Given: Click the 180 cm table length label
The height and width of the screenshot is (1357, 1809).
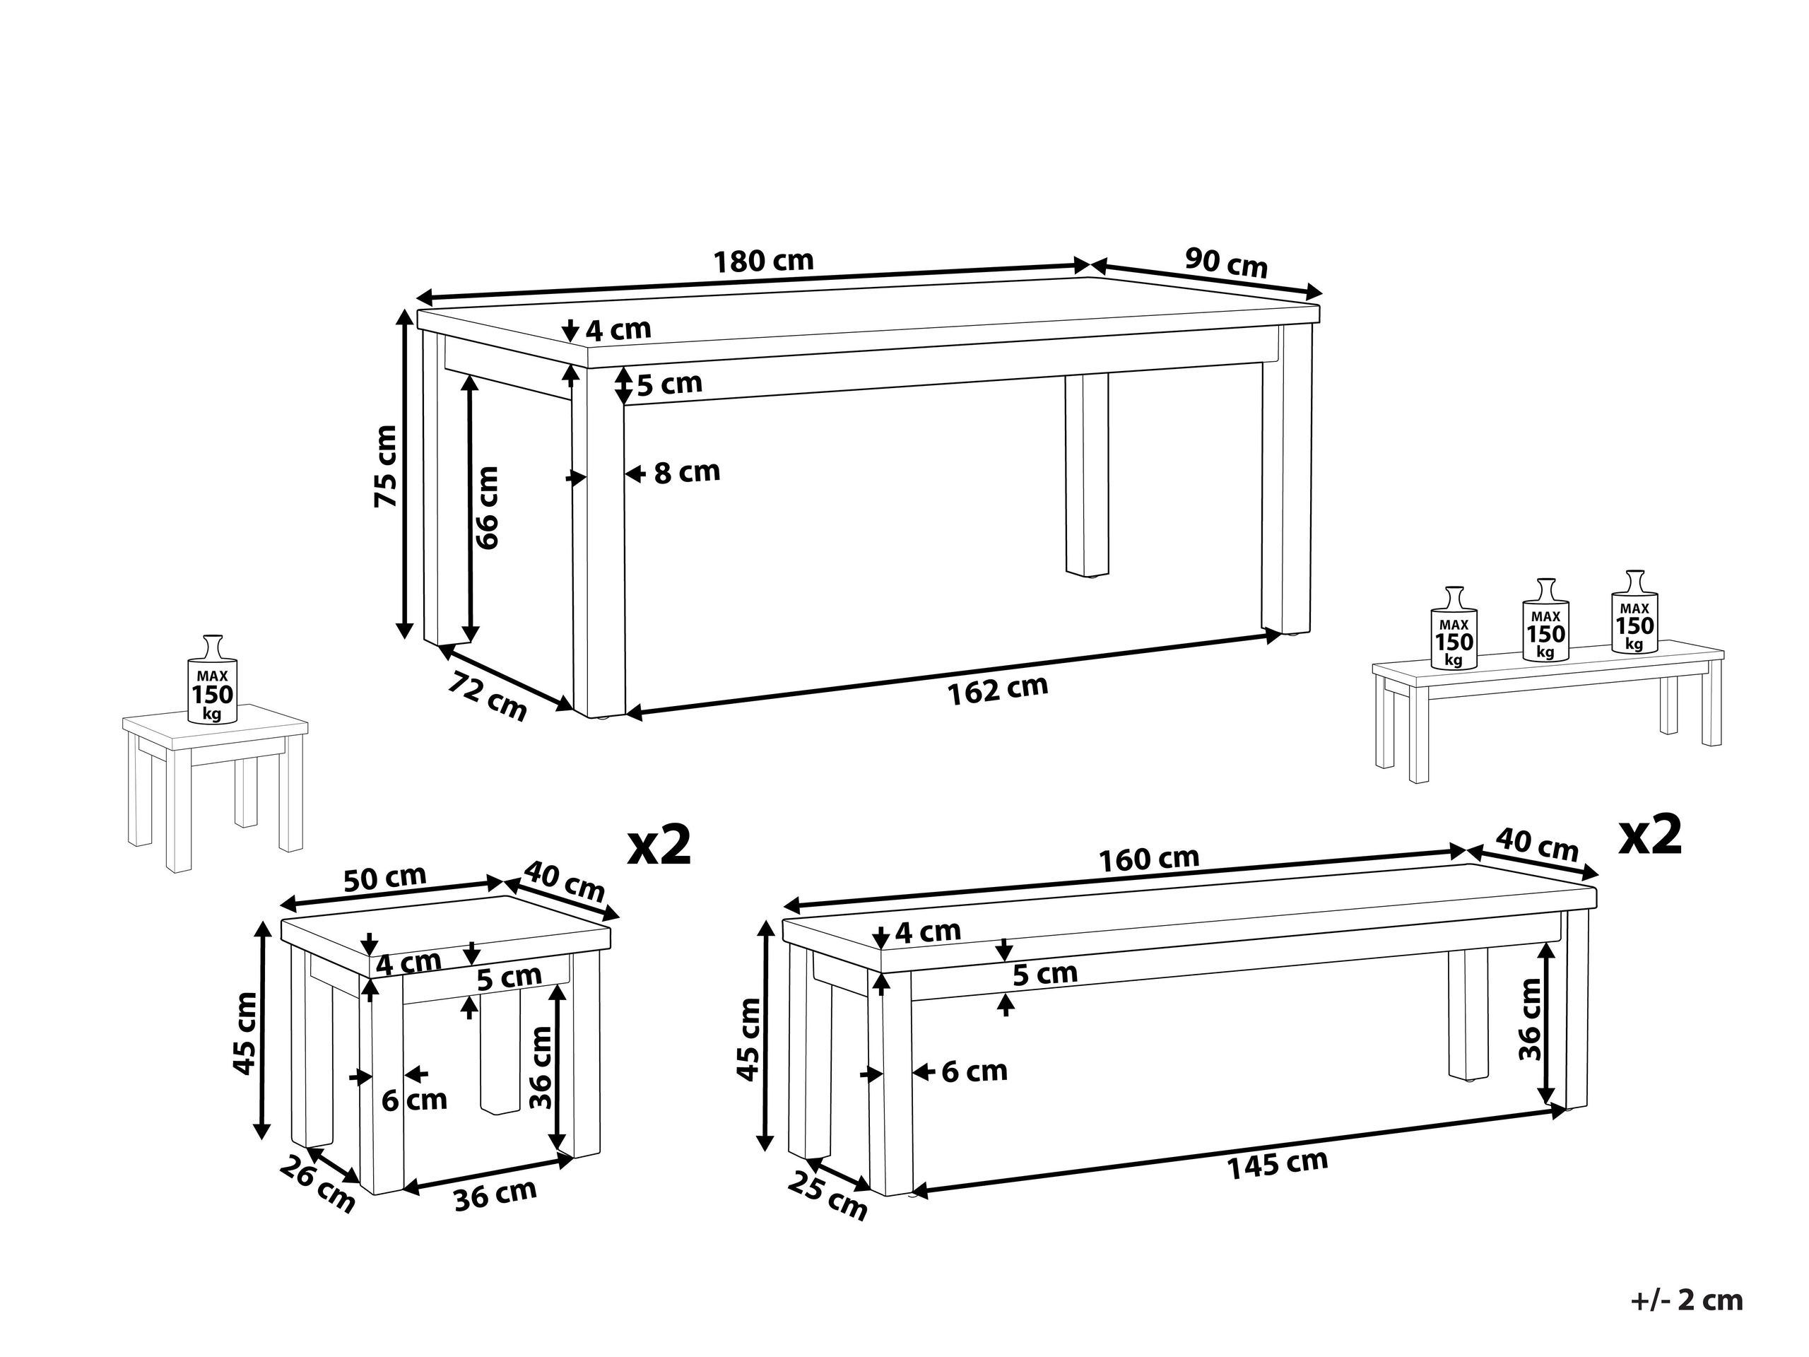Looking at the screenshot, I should [764, 262].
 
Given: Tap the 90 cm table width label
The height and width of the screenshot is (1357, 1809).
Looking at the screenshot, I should [1226, 264].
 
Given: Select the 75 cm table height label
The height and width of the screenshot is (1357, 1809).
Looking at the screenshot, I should [386, 466].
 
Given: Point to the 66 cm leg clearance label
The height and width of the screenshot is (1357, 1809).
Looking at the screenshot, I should [488, 507].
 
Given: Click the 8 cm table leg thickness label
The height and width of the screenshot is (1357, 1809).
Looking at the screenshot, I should [686, 473].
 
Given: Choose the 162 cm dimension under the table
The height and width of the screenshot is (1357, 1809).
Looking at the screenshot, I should [997, 690].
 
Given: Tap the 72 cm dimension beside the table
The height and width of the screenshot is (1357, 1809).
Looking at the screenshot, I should [488, 696].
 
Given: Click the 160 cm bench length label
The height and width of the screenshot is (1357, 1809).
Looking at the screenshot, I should [1148, 859].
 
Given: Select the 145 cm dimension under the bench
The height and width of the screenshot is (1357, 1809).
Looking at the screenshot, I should [1277, 1165].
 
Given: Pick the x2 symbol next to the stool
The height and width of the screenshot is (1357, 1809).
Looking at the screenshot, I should [659, 846].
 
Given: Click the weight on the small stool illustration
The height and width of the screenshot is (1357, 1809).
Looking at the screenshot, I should [213, 681].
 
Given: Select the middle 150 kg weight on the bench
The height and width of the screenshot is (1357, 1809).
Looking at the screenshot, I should [1545, 621].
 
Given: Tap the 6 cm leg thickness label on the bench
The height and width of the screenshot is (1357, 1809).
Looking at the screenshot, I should [974, 1071].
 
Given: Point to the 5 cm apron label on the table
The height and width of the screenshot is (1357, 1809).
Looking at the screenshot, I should [669, 384].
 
